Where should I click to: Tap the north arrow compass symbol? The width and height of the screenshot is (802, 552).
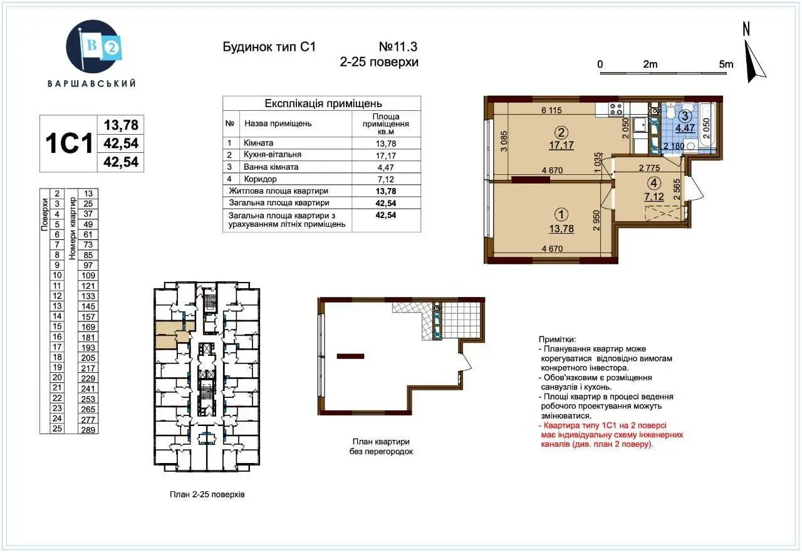point(756,61)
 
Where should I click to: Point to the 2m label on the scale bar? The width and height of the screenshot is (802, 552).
point(650,65)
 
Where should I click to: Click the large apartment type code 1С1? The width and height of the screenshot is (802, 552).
point(69,143)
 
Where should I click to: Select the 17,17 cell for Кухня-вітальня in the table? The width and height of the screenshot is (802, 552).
point(385,155)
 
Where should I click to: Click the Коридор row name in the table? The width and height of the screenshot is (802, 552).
point(260,179)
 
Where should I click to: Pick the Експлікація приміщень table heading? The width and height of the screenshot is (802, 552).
point(323,103)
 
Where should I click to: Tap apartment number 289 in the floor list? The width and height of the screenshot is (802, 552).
point(88,430)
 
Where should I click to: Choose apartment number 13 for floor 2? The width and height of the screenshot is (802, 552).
point(88,194)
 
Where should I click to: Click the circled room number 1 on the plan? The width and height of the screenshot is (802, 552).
point(561,214)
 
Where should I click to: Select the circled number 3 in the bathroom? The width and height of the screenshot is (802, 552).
point(685,116)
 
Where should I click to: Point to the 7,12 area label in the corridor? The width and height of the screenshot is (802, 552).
point(654,197)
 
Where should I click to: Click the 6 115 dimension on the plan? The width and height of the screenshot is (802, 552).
point(552,110)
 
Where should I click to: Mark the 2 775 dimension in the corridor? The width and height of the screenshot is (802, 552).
point(649,167)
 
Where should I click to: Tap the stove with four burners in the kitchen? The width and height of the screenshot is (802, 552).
point(616,109)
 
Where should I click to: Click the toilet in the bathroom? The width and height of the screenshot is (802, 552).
point(670,111)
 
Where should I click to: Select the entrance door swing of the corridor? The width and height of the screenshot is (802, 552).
point(695,187)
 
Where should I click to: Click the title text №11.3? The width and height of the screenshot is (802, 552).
point(398,46)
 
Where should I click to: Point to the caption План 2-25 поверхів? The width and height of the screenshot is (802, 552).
point(207,494)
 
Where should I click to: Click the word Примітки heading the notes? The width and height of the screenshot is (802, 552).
point(557,340)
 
